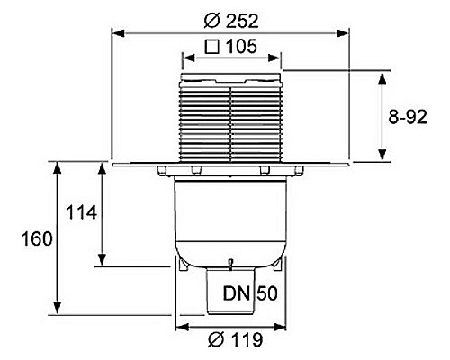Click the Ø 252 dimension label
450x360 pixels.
(231, 22)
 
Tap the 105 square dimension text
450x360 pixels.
(241, 47)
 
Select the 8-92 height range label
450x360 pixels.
(408, 117)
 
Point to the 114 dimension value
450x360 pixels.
(82, 212)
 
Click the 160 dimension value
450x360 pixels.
(37, 239)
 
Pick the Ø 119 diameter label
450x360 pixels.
(236, 339)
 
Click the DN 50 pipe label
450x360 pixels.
(250, 293)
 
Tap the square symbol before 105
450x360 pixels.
(212, 47)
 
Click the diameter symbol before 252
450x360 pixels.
(212, 22)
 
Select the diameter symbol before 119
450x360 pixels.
(216, 339)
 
